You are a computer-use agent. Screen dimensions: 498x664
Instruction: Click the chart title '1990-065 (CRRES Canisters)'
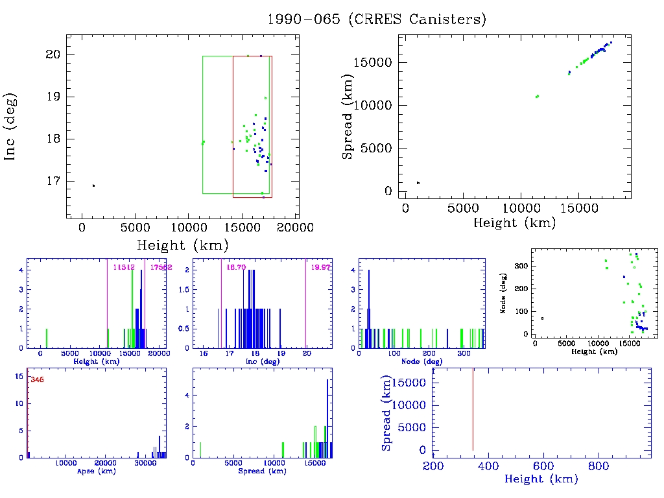click(377, 19)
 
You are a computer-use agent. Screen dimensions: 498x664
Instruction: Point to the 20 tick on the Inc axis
click(54, 54)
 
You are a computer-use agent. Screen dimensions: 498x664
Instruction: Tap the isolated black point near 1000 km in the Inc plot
click(93, 185)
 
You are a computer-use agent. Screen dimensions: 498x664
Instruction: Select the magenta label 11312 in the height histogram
click(123, 267)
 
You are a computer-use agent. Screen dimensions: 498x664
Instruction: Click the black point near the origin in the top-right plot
click(418, 183)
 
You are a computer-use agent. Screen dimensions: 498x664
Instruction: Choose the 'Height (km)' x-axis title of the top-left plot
click(182, 246)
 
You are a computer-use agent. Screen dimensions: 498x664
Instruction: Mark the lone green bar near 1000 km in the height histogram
click(47, 338)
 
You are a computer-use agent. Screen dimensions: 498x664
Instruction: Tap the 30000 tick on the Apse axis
click(144, 464)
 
